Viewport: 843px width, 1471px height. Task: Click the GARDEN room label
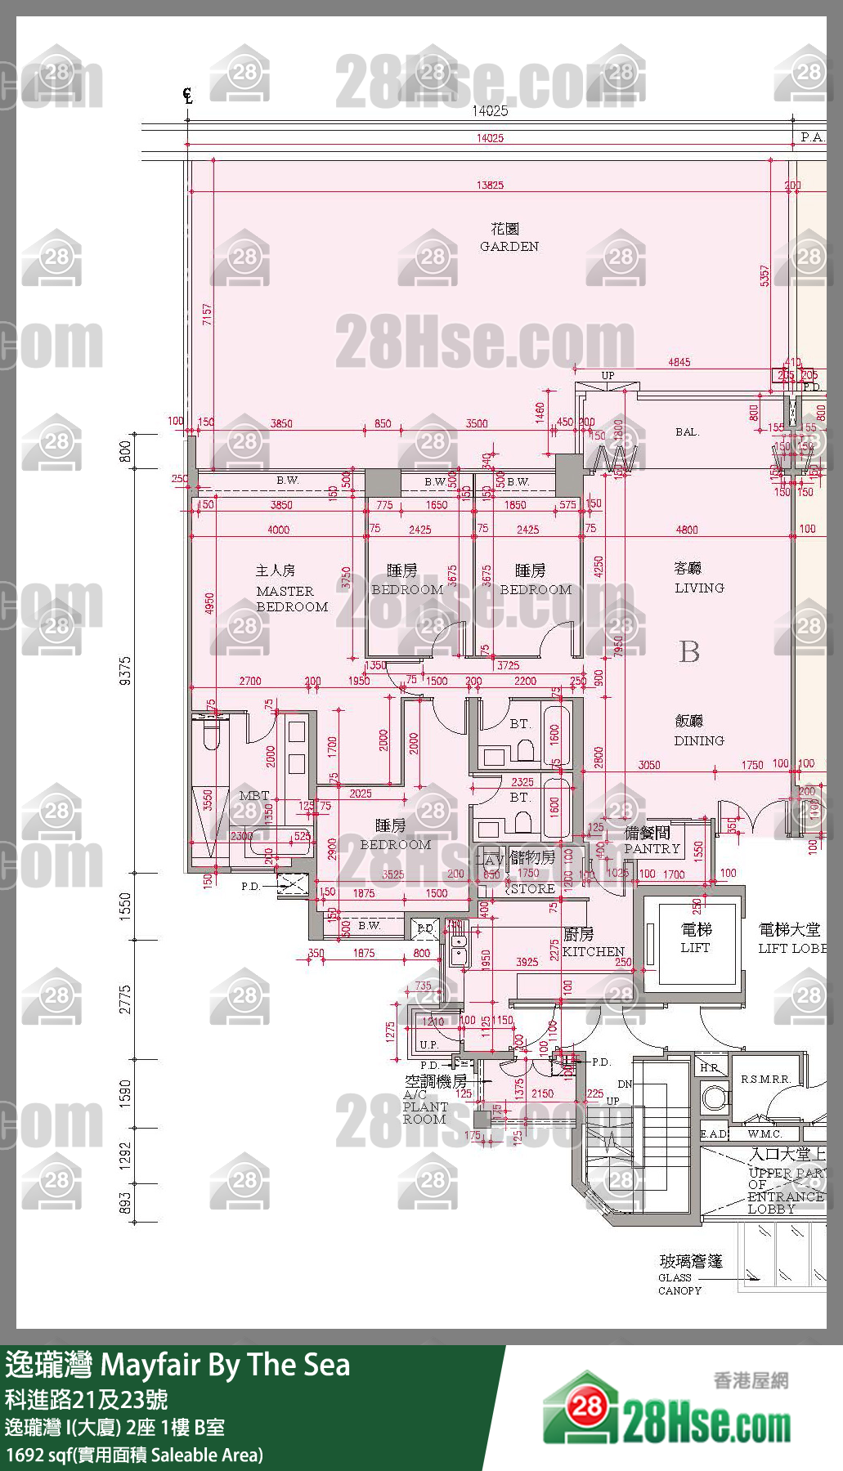509,246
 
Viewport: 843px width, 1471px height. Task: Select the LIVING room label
698,588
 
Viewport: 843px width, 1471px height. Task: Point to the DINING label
698,740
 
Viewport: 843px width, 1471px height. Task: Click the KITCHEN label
593,951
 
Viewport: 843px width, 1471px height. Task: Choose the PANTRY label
652,848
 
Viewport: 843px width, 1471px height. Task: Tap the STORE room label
532,888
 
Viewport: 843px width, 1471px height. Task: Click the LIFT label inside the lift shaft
695,947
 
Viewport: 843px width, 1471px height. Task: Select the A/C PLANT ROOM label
424,1107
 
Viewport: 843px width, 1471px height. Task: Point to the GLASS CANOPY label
679,1284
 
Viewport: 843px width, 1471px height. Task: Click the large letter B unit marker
689,651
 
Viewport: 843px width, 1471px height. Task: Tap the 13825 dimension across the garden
490,186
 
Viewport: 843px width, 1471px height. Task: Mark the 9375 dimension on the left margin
125,670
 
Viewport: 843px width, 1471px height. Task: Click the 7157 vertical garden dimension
207,315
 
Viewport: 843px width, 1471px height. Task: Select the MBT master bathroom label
253,795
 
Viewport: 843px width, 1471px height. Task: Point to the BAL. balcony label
687,431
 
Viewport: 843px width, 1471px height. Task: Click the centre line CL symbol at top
188,96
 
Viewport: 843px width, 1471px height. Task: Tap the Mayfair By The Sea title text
225,1365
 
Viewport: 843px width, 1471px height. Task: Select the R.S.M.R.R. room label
765,1079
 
